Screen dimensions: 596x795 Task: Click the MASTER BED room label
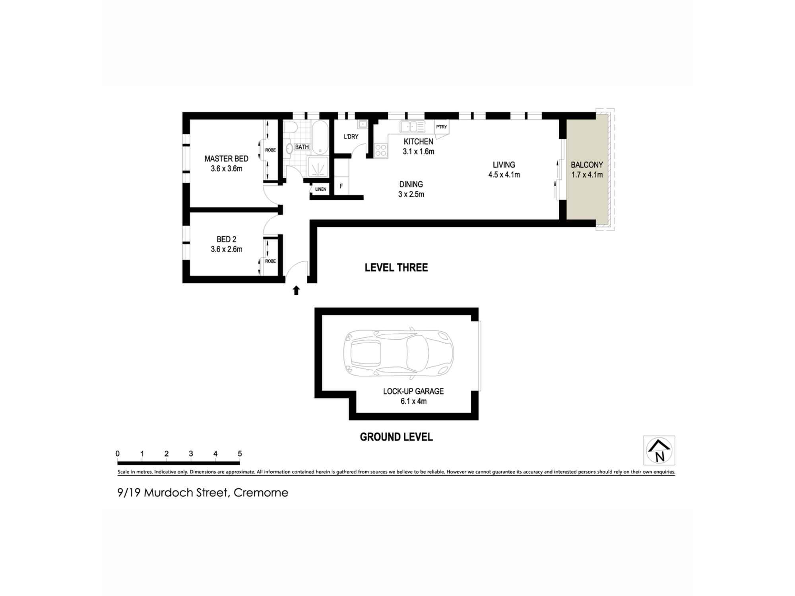pyautogui.click(x=226, y=159)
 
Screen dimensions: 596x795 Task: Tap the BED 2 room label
pyautogui.click(x=226, y=239)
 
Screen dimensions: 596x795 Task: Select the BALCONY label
pyautogui.click(x=587, y=165)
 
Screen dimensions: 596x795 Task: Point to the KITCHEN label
pyautogui.click(x=418, y=141)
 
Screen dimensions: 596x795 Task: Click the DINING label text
pyautogui.click(x=411, y=184)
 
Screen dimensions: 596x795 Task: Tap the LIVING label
pyautogui.click(x=504, y=165)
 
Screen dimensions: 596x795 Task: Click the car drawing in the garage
pyautogui.click(x=398, y=353)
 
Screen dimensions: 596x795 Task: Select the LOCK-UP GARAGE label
pyautogui.click(x=413, y=391)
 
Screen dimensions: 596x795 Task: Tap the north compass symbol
pyautogui.click(x=659, y=450)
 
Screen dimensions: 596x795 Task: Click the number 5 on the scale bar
pyautogui.click(x=240, y=454)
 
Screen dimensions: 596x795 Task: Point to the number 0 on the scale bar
pyautogui.click(x=118, y=454)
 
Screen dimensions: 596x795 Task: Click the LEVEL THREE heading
pyautogui.click(x=396, y=267)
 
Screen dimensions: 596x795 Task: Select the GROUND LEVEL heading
pyautogui.click(x=396, y=437)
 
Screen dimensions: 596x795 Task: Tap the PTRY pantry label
pyautogui.click(x=441, y=127)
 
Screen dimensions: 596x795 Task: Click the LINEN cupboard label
pyautogui.click(x=320, y=189)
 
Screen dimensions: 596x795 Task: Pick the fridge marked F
pyautogui.click(x=341, y=186)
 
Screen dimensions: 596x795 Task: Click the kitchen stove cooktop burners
pyautogui.click(x=380, y=150)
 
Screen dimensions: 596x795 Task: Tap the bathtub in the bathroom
pyautogui.click(x=320, y=137)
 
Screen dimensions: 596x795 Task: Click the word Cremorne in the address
pyautogui.click(x=261, y=493)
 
